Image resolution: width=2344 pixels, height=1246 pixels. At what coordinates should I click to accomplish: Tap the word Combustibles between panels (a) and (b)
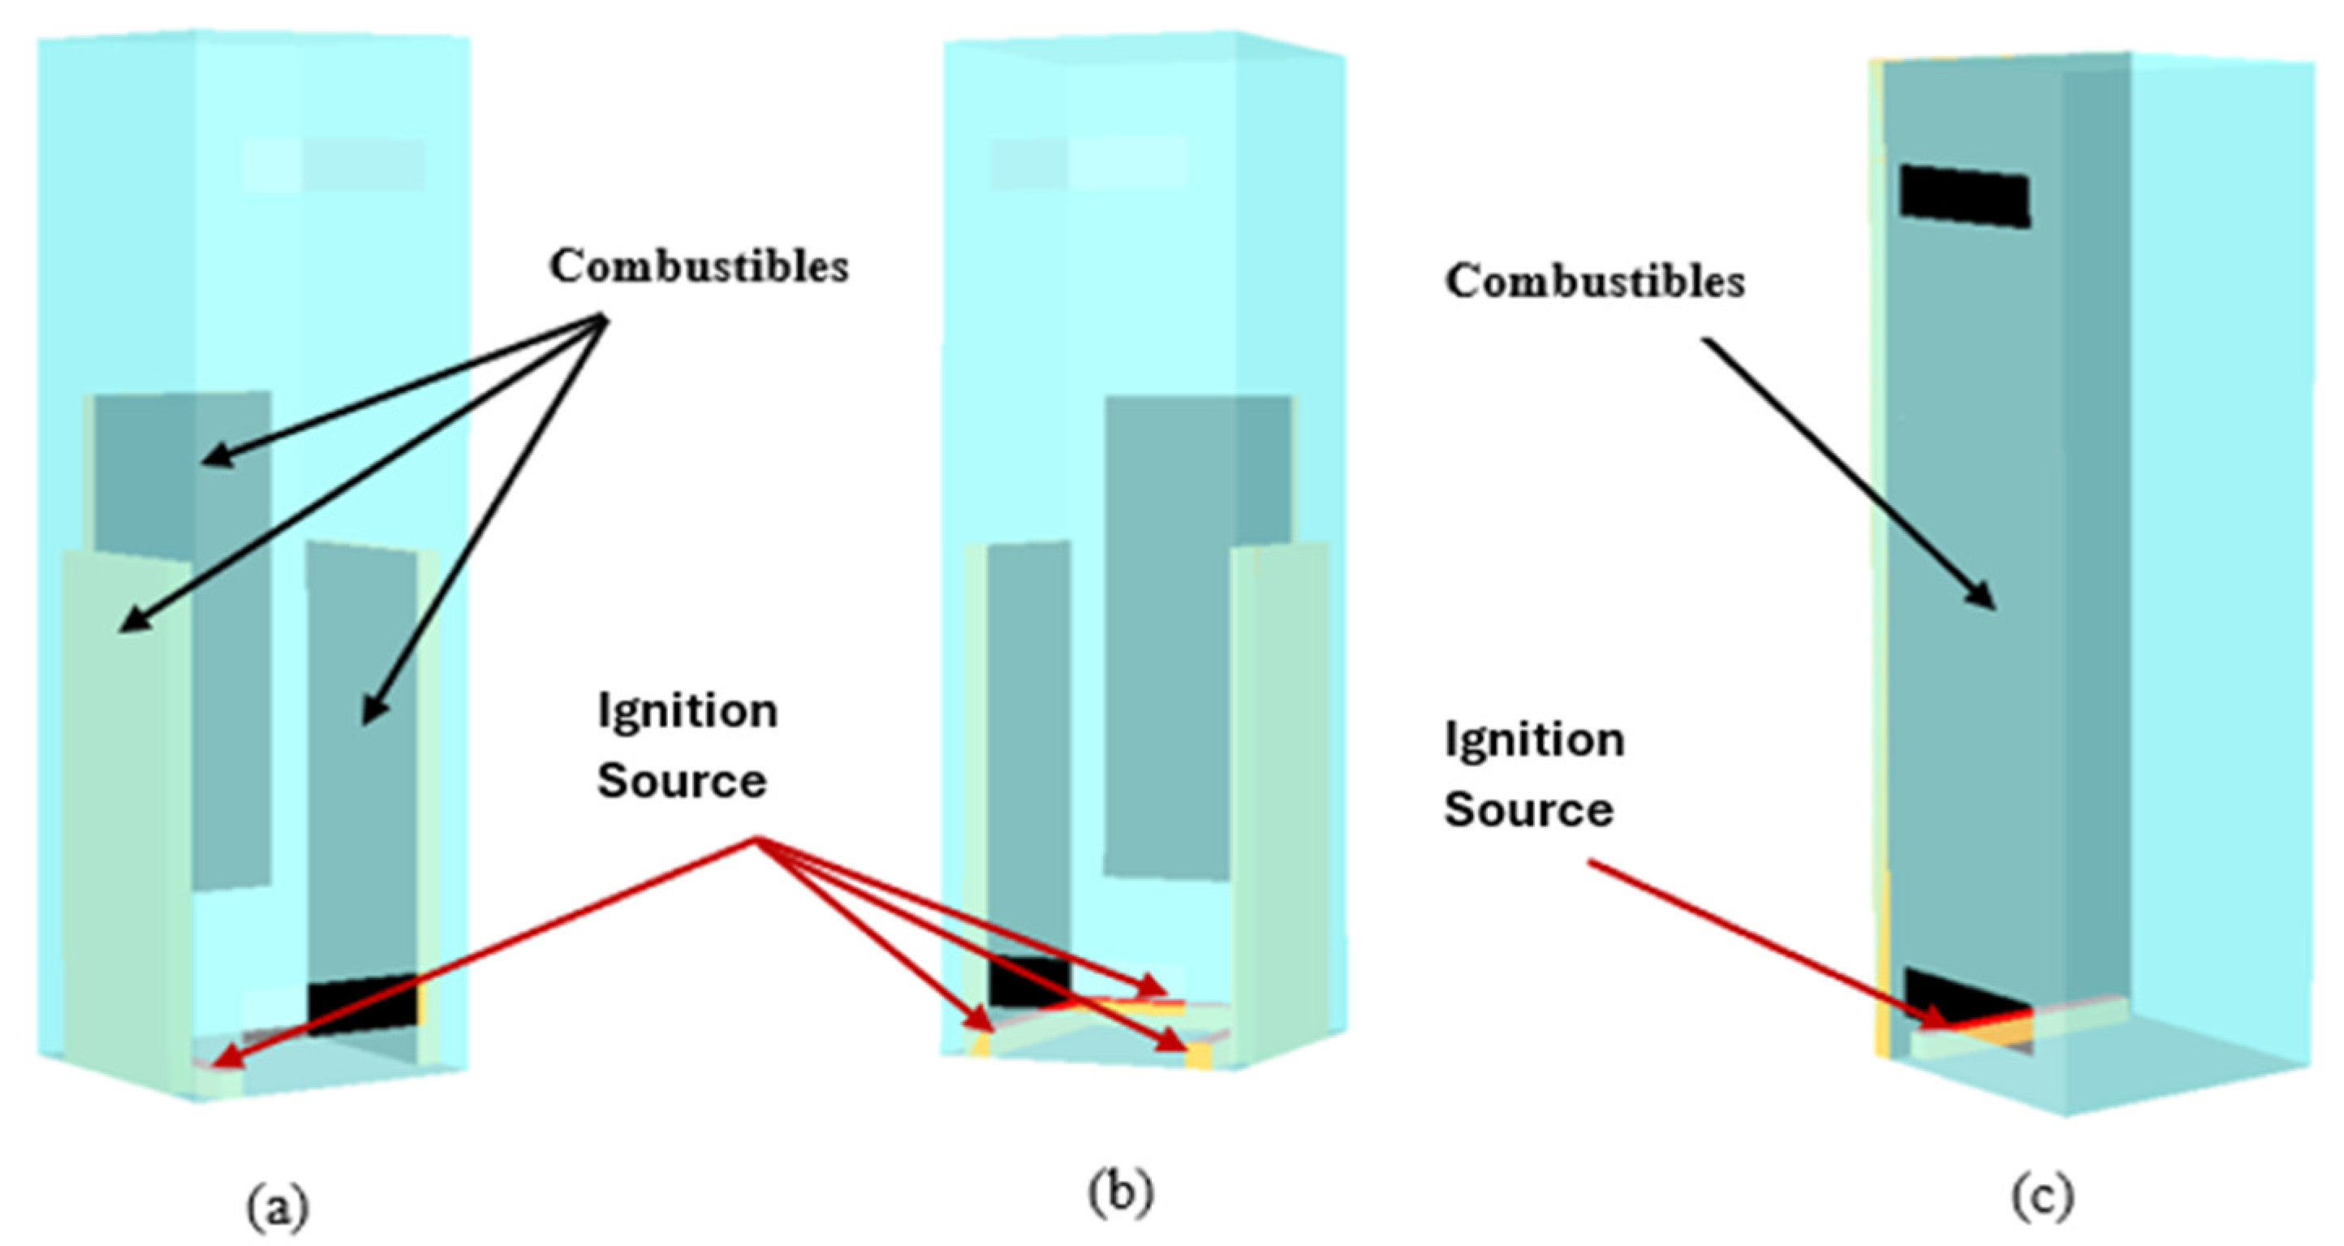click(699, 268)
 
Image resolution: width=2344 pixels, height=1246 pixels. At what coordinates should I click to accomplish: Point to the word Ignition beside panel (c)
click(1534, 741)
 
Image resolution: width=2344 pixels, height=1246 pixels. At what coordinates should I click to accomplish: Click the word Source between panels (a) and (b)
click(682, 782)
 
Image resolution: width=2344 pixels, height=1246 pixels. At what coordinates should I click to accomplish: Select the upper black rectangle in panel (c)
click(1964, 196)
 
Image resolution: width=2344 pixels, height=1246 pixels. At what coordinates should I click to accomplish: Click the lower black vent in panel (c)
click(1956, 1011)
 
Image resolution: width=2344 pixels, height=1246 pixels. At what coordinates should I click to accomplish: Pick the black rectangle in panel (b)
click(1028, 981)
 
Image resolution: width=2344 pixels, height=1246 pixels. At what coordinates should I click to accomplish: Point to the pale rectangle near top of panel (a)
click(335, 165)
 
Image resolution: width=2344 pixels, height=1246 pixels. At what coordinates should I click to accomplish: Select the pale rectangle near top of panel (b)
click(1088, 164)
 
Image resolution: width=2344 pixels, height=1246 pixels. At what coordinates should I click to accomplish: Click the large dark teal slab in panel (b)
click(1183, 637)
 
